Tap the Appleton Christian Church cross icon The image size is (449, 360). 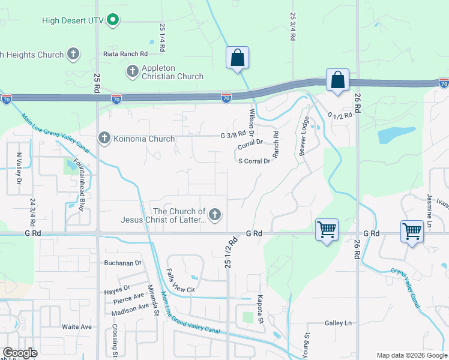[132, 71]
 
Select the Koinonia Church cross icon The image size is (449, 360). [104, 139]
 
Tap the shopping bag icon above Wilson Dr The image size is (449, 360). [238, 58]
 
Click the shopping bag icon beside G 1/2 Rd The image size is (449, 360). [338, 80]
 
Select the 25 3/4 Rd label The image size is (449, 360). [293, 27]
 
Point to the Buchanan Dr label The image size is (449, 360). [122, 263]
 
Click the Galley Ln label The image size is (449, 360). [338, 323]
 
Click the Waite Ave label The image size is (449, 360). [77, 326]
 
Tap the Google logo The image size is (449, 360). [20, 352]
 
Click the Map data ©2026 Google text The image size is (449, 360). [411, 355]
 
